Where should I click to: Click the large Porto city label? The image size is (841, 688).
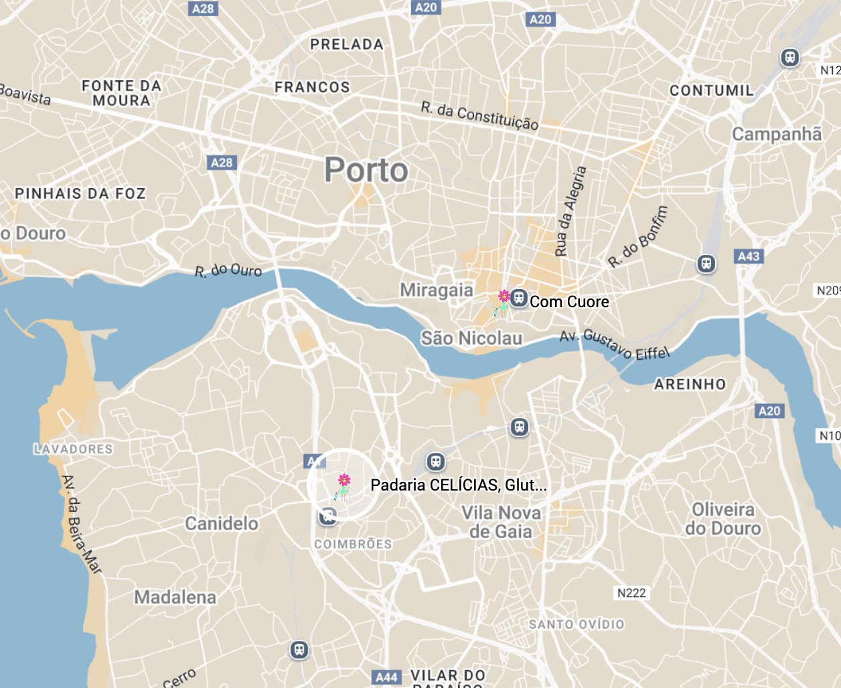tap(366, 170)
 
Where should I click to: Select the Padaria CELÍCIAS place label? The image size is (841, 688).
tap(458, 485)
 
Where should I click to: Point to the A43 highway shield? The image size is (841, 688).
tap(749, 256)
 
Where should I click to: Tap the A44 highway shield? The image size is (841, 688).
tap(386, 677)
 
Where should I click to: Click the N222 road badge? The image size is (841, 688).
tap(631, 593)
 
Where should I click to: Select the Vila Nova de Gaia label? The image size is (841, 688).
tap(501, 522)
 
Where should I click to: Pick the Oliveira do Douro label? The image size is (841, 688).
tap(723, 519)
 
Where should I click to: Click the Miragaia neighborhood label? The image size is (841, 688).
tap(437, 290)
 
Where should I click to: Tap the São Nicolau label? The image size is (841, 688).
tap(471, 338)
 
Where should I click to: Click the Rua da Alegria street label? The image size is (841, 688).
tap(570, 211)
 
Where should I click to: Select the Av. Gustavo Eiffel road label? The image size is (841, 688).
tap(614, 343)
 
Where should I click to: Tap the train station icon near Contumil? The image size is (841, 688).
tap(790, 58)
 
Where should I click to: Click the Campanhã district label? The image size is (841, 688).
tap(777, 135)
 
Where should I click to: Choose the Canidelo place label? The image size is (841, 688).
tap(222, 523)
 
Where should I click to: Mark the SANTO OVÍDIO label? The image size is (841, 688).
tap(577, 624)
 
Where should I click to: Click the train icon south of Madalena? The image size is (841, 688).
tap(299, 649)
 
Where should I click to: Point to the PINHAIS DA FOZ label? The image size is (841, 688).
tap(80, 193)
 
